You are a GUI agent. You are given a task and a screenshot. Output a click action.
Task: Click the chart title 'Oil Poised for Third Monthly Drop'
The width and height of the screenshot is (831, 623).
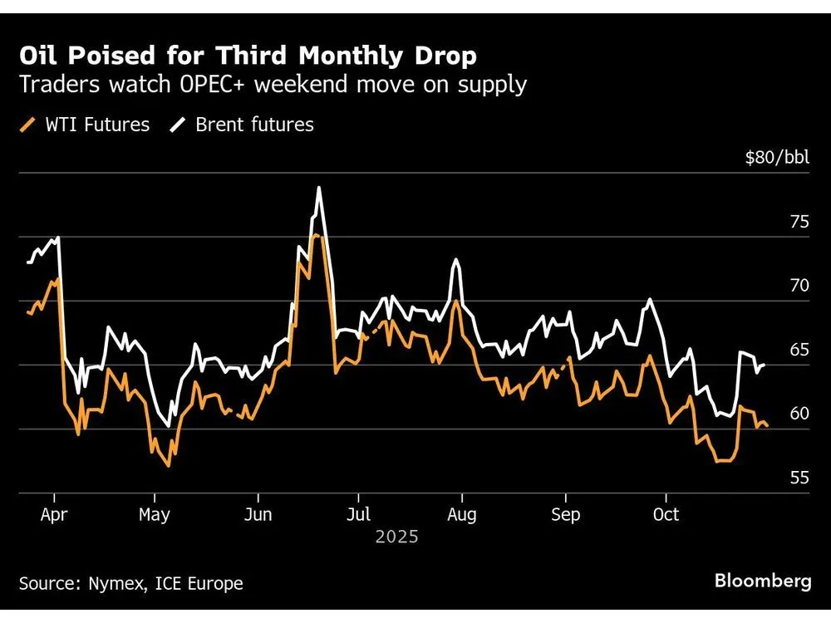point(248,56)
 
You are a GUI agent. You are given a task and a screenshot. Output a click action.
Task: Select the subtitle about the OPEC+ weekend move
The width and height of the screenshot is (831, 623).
point(273,85)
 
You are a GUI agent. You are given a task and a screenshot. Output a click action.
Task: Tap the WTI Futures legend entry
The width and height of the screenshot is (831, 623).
point(84,125)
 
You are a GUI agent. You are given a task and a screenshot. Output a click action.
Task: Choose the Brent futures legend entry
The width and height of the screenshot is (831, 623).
point(243,125)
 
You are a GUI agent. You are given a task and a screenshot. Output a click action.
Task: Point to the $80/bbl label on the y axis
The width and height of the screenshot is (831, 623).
point(777,158)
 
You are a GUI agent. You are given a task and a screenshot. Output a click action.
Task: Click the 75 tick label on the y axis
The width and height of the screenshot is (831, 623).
point(799,222)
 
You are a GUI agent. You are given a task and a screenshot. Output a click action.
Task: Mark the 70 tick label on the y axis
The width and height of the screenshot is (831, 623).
point(799,286)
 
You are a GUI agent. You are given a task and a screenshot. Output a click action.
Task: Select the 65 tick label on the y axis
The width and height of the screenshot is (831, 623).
point(799,350)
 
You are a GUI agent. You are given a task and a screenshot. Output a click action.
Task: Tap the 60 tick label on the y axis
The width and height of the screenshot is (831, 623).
point(799,414)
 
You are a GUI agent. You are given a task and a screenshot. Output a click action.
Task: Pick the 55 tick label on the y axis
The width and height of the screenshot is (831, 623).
point(799,478)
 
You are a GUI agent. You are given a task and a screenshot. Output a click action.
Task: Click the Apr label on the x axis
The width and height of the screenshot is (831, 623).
point(54,514)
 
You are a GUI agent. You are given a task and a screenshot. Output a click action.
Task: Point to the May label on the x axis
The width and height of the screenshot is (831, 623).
point(155,514)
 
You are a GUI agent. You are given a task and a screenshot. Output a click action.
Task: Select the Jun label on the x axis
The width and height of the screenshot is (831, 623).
point(258,514)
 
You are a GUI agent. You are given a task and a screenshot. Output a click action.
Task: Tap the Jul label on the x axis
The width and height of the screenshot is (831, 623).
point(358,514)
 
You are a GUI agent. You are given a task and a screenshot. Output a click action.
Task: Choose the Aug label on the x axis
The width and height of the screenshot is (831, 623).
point(461,514)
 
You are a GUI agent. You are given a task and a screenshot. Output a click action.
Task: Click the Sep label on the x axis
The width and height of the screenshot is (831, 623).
point(565,514)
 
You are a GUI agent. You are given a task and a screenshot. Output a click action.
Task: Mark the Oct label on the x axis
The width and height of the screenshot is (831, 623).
point(666,514)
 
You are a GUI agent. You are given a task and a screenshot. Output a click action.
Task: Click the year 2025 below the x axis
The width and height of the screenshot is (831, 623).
point(396,537)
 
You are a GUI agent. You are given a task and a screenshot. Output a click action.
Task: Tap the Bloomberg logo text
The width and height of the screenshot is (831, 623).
point(763,581)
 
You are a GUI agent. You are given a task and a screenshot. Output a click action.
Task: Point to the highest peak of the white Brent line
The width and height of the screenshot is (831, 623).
point(318,188)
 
